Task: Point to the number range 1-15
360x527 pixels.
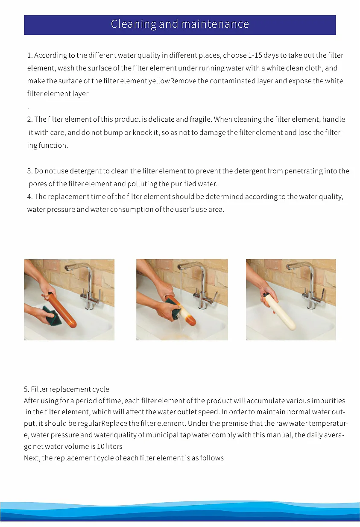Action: [255, 56]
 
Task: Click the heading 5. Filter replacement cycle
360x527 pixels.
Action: [66, 389]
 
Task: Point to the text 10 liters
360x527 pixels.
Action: [109, 447]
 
